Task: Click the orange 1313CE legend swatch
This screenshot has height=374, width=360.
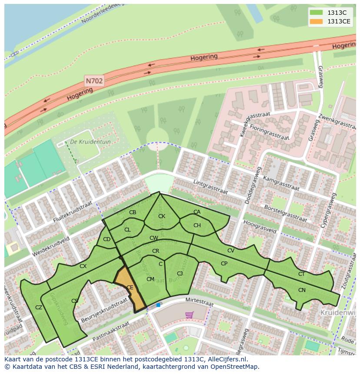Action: point(316,21)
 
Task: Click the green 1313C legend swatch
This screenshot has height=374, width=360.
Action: point(316,13)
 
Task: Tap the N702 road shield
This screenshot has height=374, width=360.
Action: point(94,80)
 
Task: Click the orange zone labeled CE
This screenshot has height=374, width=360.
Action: point(130,288)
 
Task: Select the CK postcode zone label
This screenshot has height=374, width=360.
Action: point(162,216)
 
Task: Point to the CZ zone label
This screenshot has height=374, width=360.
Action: point(39,308)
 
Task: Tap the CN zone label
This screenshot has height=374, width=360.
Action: point(302,290)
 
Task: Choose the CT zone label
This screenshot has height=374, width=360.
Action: point(301,274)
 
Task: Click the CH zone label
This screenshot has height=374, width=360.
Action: point(197,225)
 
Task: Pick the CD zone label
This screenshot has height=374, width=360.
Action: point(107,239)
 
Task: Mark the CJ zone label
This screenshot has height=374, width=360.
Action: point(180,273)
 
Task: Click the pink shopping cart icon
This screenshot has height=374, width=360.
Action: point(189,314)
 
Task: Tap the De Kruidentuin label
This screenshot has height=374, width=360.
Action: point(90,142)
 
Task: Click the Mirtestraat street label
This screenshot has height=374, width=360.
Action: point(199,302)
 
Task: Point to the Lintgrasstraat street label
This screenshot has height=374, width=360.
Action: point(210,189)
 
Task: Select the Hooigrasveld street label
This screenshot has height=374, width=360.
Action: point(260,226)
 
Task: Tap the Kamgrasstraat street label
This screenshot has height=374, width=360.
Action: point(281,184)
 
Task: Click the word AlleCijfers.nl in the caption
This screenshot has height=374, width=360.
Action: point(226,359)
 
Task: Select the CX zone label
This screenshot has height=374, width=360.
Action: point(83,266)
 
